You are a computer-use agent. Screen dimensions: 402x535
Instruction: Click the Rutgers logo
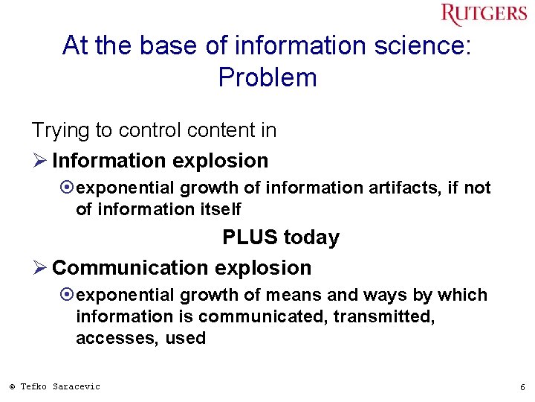coord(484,15)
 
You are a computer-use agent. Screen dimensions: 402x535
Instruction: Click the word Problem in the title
coord(267,77)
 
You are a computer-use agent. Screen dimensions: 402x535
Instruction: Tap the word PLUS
coord(250,237)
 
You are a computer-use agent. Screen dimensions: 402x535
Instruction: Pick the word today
coord(311,237)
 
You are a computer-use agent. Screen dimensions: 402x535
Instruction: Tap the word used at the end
coord(187,338)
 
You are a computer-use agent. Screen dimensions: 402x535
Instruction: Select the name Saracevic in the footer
coord(77,386)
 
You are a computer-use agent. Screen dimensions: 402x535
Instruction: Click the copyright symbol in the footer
coord(12,386)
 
